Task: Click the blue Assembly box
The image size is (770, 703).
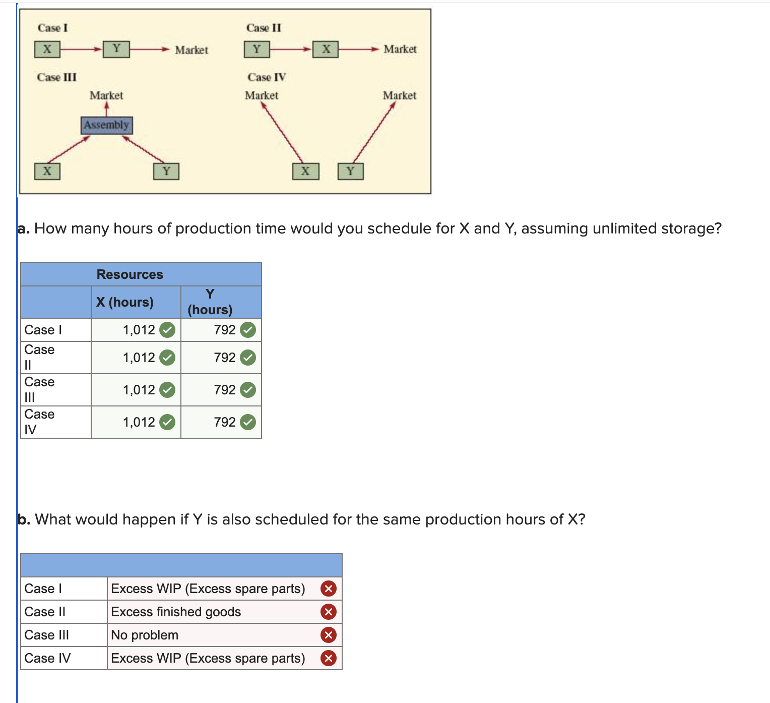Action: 107,125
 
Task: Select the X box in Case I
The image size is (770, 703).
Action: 47,49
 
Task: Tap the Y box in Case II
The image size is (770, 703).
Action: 257,49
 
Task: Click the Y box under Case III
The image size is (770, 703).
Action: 166,171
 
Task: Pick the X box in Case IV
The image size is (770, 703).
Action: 305,171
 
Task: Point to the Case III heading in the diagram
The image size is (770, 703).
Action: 57,77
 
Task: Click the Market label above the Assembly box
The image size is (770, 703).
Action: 106,95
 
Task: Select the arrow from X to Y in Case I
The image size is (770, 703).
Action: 81,49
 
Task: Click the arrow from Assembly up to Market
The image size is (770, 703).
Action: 107,109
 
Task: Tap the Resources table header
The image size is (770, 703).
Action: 130,274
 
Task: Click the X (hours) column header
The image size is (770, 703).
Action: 125,302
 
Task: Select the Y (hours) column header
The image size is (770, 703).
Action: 210,302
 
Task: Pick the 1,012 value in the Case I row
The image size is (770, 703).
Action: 139,330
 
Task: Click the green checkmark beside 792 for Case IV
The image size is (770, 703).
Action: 248,422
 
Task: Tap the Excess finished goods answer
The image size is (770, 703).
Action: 176,612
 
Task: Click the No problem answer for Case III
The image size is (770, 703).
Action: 145,635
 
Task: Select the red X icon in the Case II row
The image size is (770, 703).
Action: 329,612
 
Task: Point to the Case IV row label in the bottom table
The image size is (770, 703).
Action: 47,658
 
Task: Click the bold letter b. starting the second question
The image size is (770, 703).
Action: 24,519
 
